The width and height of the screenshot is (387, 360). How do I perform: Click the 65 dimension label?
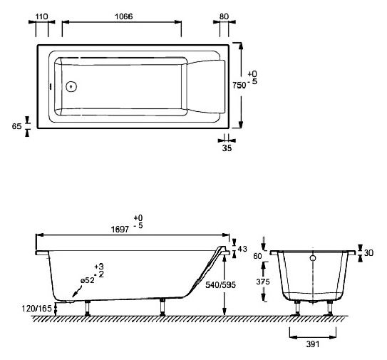pos(16,125)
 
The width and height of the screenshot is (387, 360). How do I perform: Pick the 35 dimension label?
pos(227,149)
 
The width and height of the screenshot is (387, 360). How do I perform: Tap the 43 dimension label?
pos(242,249)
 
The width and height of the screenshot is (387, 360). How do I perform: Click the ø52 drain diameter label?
pos(88,281)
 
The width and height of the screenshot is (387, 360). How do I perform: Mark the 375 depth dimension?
pos(263,281)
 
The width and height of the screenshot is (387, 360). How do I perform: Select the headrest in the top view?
pos(207,88)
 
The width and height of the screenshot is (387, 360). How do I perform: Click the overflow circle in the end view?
pos(312,258)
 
